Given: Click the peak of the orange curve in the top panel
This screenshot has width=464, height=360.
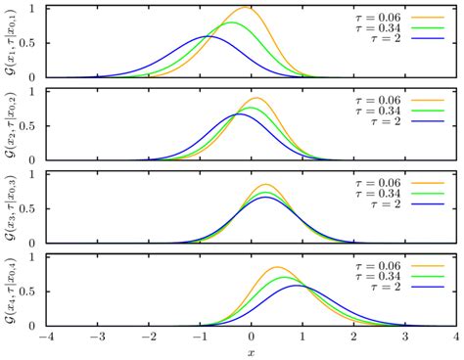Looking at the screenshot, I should click(x=246, y=8).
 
